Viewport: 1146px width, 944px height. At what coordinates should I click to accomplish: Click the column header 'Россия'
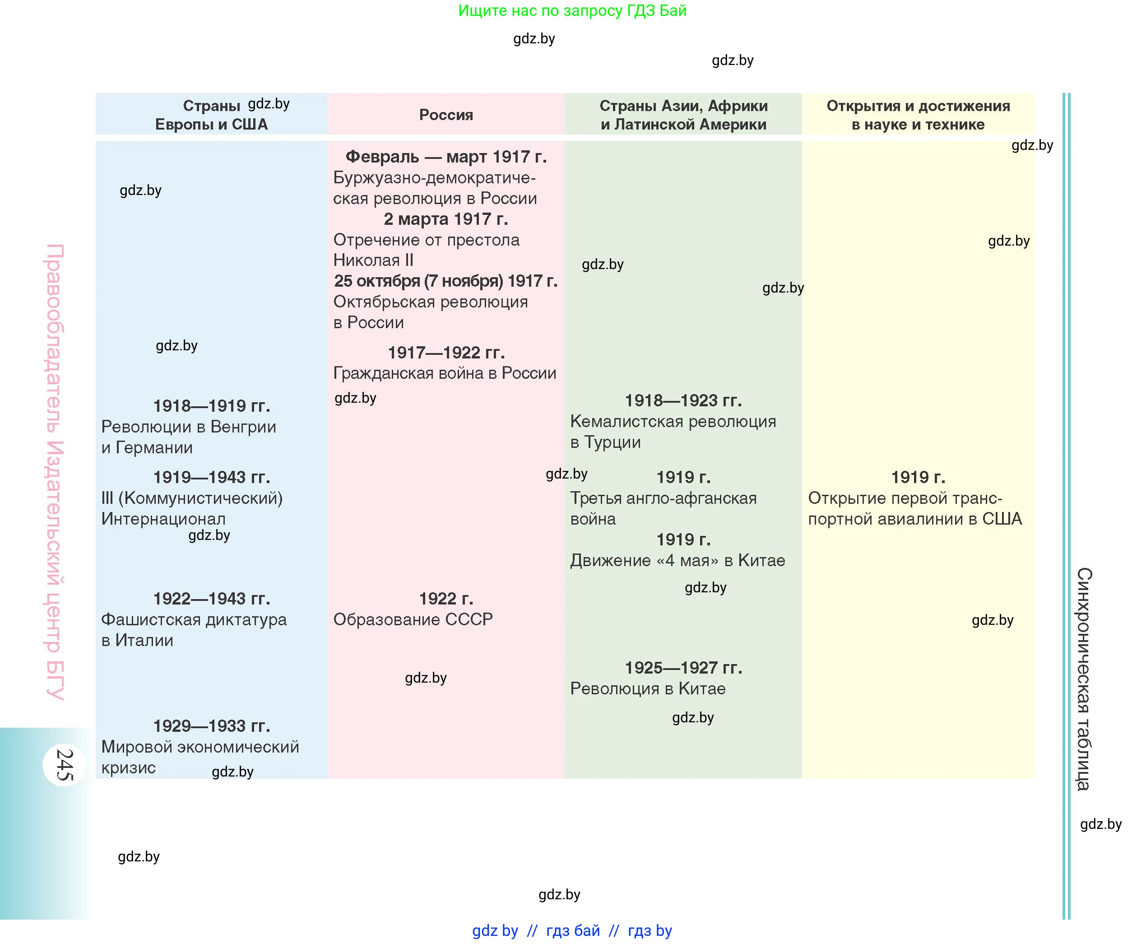tap(446, 115)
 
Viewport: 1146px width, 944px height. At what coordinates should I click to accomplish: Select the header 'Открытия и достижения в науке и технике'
tap(918, 115)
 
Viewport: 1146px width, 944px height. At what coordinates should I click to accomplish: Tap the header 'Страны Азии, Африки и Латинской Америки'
tap(683, 115)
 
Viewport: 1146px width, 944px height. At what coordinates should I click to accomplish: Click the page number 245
tap(64, 765)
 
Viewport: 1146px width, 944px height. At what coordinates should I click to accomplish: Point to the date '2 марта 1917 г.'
tap(446, 219)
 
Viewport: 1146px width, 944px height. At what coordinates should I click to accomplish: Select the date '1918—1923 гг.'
tap(683, 401)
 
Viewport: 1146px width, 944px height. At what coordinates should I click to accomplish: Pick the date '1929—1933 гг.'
tap(212, 726)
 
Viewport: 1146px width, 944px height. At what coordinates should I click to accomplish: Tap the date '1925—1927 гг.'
tap(683, 668)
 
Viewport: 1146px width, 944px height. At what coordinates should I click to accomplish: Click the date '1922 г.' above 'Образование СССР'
tap(446, 599)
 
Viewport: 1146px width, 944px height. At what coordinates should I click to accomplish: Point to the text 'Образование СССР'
tap(413, 619)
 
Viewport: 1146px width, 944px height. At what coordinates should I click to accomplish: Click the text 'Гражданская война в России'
tap(445, 373)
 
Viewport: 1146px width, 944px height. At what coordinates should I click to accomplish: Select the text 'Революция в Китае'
tap(648, 689)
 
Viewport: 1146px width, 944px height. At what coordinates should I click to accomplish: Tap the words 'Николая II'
tap(373, 260)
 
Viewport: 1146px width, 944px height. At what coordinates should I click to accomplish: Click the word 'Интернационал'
tap(163, 519)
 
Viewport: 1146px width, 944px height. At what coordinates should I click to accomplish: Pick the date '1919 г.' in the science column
tap(918, 478)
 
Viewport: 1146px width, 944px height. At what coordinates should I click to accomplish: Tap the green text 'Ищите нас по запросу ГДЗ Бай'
tap(572, 11)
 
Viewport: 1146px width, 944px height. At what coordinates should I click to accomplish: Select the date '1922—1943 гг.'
tap(212, 599)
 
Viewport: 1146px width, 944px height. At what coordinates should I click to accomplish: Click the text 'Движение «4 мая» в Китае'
tap(677, 561)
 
